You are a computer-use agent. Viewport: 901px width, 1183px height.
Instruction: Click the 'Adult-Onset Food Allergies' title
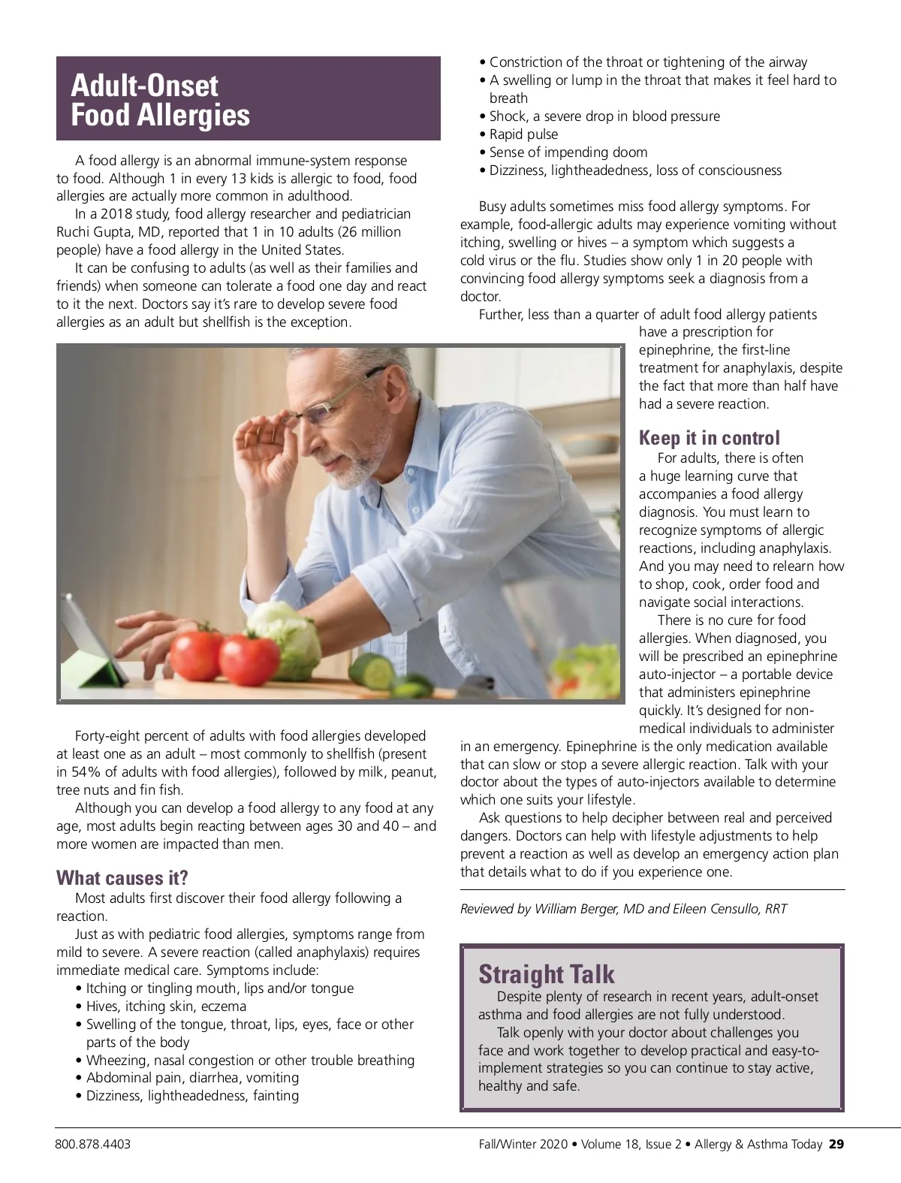point(160,100)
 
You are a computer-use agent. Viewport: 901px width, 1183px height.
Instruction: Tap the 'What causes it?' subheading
point(122,877)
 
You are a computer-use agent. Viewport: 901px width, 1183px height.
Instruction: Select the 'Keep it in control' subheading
point(709,438)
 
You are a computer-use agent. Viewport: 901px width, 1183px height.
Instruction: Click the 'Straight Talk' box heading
point(546,974)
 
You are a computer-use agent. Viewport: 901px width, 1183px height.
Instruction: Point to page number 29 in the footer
point(836,1145)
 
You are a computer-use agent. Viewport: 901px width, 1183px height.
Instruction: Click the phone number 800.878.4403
point(92,1145)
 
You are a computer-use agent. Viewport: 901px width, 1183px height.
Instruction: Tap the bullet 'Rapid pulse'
point(523,134)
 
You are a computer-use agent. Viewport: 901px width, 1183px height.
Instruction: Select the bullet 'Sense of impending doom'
point(568,152)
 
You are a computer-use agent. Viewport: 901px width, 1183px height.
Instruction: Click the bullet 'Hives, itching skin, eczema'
point(166,1006)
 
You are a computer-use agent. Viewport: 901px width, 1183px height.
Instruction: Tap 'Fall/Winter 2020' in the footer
point(523,1145)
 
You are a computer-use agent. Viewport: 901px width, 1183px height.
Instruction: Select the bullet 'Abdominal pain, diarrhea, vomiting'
point(192,1078)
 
